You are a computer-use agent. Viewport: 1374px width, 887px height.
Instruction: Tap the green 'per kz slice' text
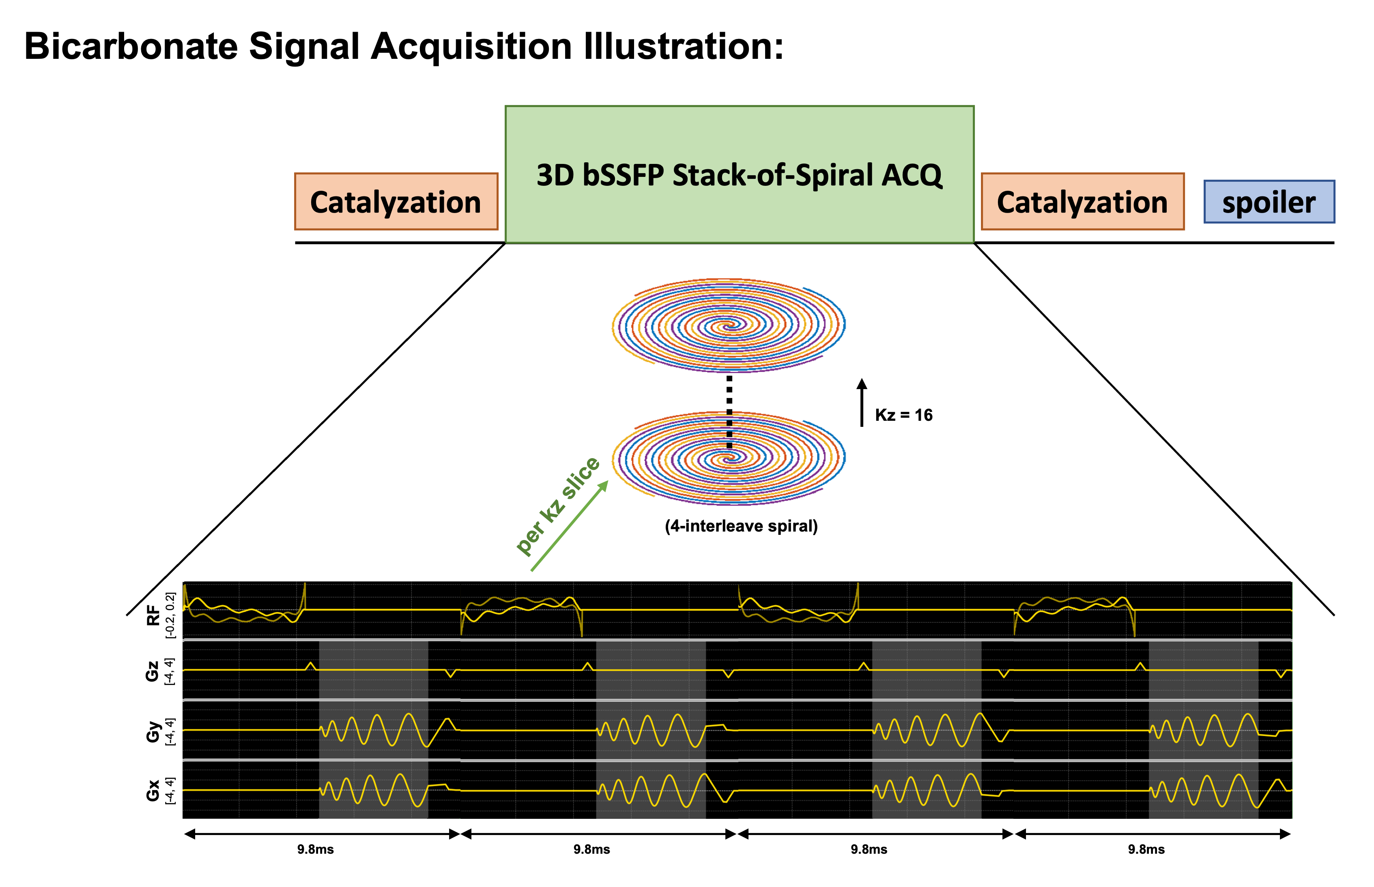pyautogui.click(x=557, y=506)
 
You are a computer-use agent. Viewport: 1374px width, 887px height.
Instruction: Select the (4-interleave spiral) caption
pyautogui.click(x=741, y=526)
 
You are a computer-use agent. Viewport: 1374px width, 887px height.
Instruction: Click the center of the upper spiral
pyautogui.click(x=730, y=324)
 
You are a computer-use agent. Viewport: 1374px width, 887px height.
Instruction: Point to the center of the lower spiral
pyautogui.click(x=730, y=458)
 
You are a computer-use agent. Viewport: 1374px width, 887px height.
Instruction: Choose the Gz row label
pyautogui.click(x=152, y=672)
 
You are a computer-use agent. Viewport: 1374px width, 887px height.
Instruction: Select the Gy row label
pyautogui.click(x=152, y=732)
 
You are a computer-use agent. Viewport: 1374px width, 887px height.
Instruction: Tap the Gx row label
pyautogui.click(x=152, y=790)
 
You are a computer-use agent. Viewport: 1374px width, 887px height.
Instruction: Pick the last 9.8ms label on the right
pyautogui.click(x=1146, y=849)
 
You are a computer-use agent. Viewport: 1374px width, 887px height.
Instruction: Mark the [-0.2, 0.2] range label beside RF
pyautogui.click(x=170, y=615)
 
